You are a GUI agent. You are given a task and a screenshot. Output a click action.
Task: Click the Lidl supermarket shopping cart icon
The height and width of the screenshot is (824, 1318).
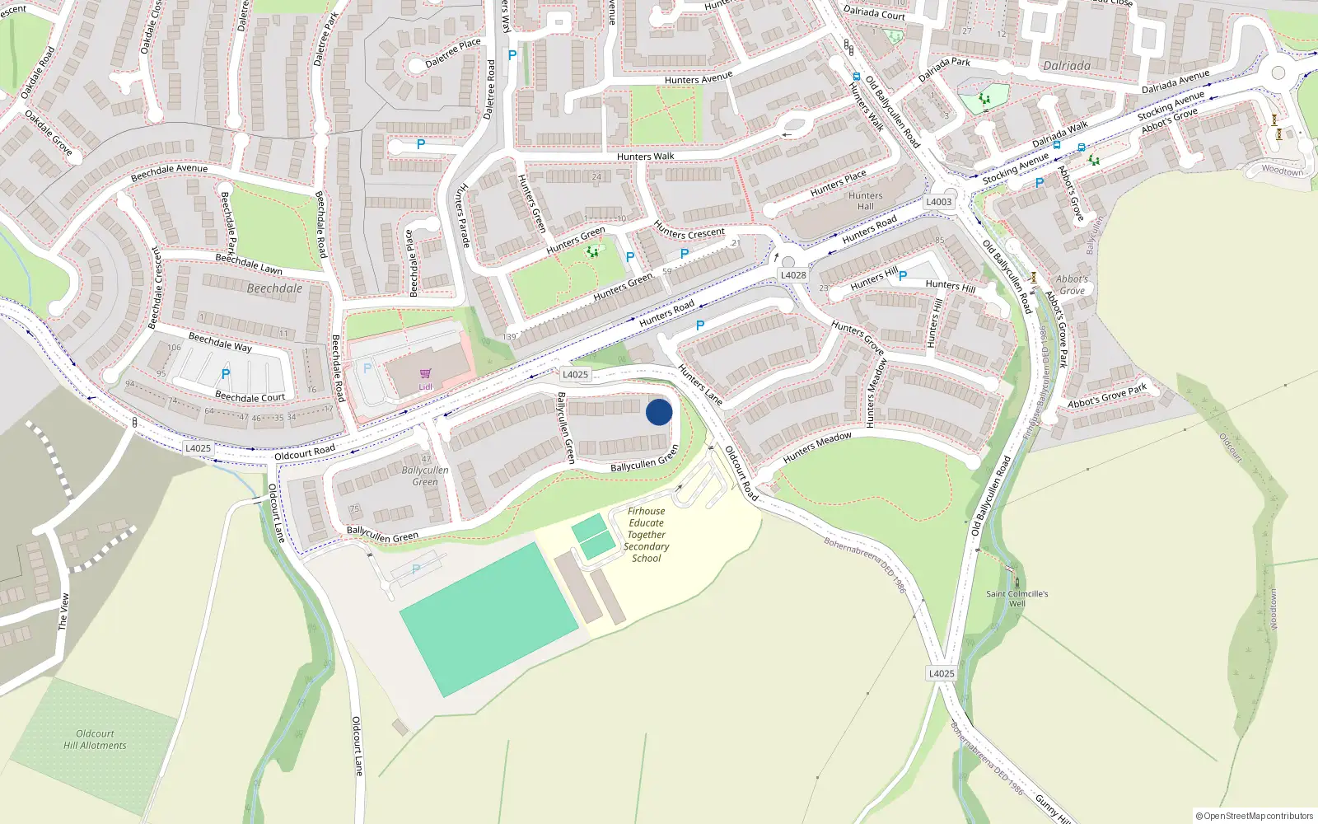(425, 374)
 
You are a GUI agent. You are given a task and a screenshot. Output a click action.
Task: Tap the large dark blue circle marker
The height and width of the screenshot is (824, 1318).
(659, 412)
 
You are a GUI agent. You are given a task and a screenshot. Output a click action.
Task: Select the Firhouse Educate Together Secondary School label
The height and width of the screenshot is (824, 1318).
(647, 535)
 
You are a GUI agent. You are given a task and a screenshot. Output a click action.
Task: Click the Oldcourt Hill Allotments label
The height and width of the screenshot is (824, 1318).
(95, 739)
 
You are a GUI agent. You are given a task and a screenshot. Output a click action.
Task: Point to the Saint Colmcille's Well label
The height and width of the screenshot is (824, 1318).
(1017, 598)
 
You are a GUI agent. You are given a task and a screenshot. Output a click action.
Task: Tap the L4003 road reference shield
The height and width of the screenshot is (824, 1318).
(938, 202)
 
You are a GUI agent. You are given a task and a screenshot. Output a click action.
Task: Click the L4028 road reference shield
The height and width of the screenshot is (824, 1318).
(793, 275)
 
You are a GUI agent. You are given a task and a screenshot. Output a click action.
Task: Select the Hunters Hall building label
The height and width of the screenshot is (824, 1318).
(865, 201)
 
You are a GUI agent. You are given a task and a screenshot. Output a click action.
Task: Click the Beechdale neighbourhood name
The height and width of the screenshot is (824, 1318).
(274, 288)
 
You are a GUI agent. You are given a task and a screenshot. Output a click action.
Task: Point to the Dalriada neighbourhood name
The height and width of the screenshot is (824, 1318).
(1067, 66)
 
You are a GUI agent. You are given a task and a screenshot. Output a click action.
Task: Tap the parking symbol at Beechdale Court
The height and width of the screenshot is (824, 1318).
(226, 374)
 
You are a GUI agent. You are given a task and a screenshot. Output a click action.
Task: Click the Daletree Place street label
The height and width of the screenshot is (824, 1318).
(452, 54)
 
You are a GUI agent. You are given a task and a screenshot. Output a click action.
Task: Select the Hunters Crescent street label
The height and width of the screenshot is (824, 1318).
(689, 232)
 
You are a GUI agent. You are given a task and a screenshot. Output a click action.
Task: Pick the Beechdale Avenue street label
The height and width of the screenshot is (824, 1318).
(170, 172)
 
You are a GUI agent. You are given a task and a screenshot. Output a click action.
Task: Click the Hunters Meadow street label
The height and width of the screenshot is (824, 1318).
(817, 447)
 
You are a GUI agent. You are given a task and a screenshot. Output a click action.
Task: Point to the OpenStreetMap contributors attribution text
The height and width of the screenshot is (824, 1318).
(1255, 816)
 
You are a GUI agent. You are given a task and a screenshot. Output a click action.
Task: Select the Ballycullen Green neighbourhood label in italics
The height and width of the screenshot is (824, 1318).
(425, 475)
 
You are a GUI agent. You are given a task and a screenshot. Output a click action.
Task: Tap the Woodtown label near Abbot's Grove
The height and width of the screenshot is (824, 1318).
(1283, 171)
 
